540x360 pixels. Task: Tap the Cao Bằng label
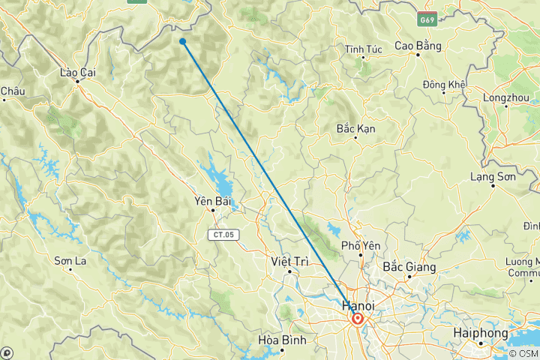point(416,46)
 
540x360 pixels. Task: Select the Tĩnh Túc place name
point(364,49)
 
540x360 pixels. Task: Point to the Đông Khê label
point(445,84)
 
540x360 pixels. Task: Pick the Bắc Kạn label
point(356,129)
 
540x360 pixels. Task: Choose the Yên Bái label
point(211,201)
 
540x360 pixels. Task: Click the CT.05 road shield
point(222,235)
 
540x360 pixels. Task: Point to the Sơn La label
point(68,261)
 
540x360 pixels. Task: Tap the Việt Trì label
point(289,261)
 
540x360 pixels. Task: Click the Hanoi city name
point(358,305)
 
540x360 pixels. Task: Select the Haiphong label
point(481,332)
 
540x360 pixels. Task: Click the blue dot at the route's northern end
point(183,41)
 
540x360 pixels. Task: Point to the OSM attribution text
point(523,353)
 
